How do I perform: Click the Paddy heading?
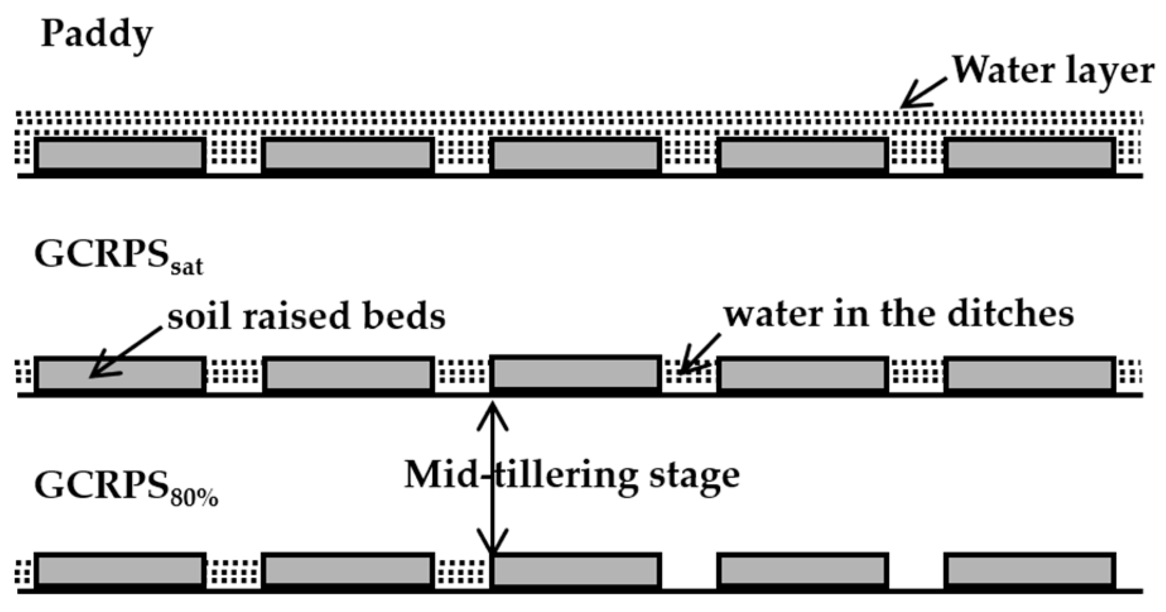[97, 35]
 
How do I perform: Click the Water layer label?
[1052, 71]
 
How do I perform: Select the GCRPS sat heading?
[118, 256]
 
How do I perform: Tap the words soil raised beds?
[306, 316]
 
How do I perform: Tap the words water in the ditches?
[898, 315]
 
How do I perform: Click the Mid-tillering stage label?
[571, 475]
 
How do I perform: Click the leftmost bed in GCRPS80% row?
[120, 571]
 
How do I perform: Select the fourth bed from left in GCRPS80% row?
[803, 571]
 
